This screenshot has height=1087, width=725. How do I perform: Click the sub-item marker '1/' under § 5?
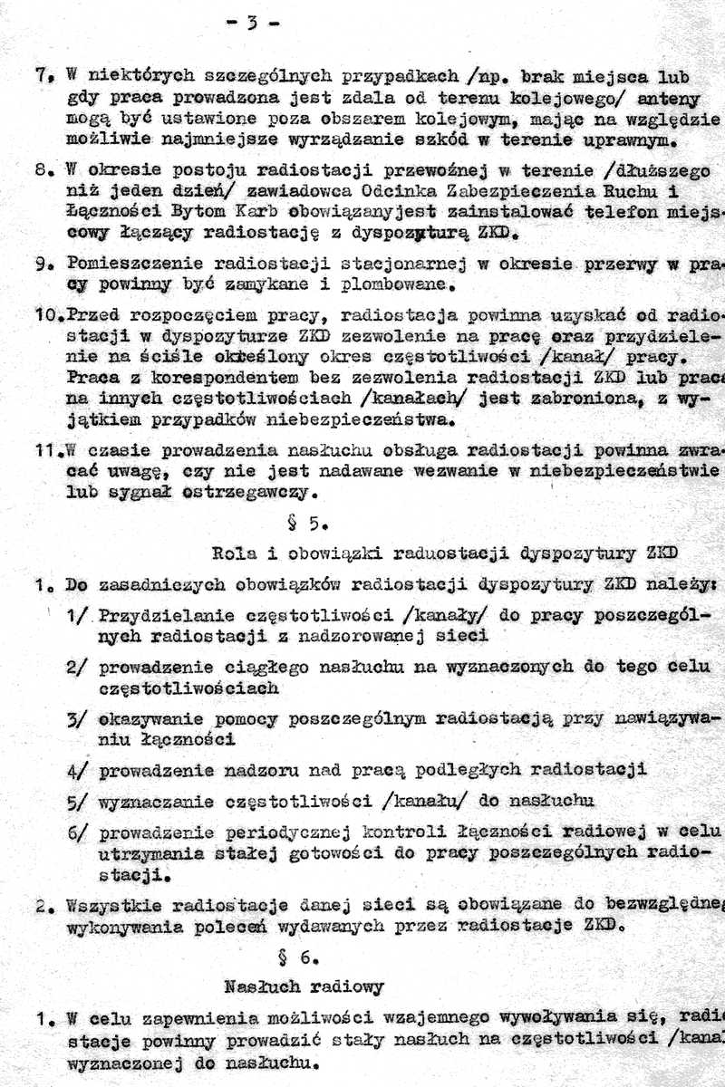pos(77,615)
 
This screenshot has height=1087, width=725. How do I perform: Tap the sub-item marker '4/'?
pos(76,771)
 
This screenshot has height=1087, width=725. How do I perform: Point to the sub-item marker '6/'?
pos(76,832)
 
